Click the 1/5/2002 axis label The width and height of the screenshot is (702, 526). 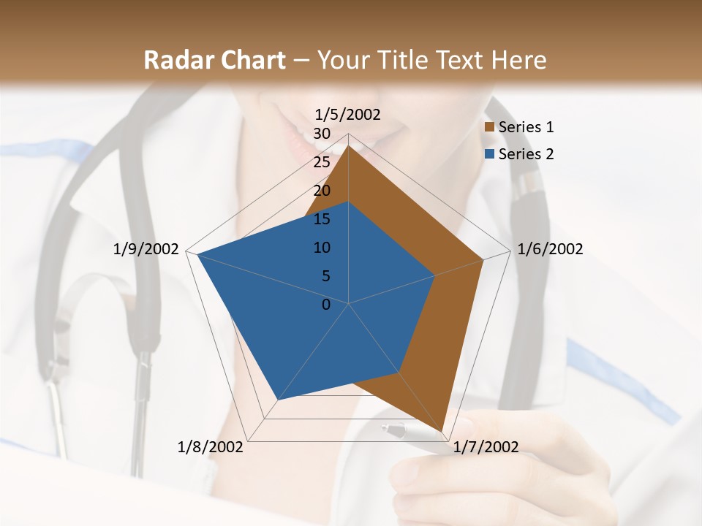(348, 114)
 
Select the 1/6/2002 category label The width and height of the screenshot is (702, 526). (550, 249)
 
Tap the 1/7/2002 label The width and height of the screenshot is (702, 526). (486, 447)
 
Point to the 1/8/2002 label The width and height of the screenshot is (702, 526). (211, 447)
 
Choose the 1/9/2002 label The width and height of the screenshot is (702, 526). (146, 249)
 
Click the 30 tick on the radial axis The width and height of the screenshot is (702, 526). (322, 134)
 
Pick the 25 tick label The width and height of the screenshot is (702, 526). (322, 162)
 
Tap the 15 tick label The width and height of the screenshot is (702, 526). (322, 219)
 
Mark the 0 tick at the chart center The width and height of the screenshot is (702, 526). (326, 305)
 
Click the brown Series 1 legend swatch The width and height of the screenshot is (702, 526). (490, 127)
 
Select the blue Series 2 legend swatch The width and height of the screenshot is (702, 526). (490, 154)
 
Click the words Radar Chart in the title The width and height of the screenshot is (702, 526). (214, 60)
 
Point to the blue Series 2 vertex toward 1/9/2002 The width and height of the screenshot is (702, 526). (198, 254)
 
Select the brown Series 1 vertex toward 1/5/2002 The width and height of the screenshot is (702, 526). (349, 145)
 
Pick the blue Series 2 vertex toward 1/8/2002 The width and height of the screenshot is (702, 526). (278, 400)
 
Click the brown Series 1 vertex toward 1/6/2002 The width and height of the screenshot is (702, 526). (483, 259)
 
